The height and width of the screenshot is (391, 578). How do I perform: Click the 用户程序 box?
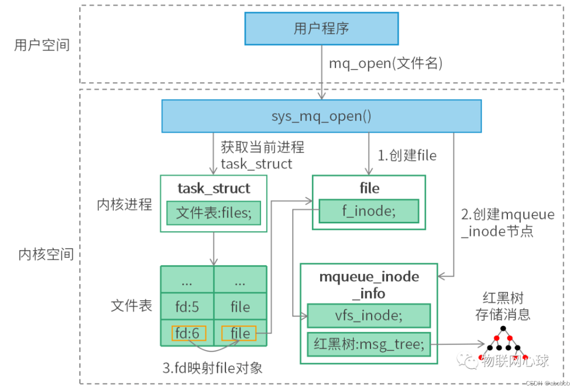321,28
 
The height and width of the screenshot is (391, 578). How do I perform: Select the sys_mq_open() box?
321,116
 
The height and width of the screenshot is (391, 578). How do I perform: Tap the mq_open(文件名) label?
385,64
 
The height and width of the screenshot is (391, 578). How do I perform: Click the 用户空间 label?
42,45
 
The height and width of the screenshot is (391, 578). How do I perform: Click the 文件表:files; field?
214,214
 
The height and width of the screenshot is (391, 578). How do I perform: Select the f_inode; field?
368,211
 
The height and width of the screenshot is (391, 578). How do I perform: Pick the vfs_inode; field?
369,315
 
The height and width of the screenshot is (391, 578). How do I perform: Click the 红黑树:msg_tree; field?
369,344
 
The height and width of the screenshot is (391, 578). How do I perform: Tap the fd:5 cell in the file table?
187,307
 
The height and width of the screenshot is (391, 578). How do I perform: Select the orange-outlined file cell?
240,333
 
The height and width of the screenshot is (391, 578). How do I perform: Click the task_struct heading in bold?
213,188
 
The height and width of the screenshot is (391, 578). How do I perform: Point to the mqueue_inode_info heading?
369,285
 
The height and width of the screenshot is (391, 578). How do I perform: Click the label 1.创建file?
407,156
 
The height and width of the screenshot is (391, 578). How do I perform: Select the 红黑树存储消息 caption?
503,307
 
